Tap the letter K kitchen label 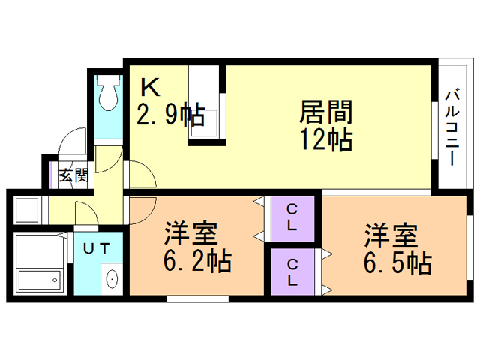pos(150,88)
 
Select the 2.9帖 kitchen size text pos(169,115)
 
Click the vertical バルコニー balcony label pos(451,127)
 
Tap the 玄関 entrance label pos(74,176)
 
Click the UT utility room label pos(95,247)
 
